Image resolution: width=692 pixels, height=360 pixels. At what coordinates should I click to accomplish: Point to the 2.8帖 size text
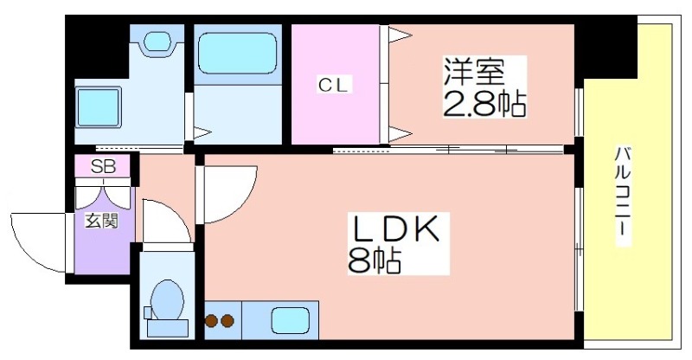point(484,106)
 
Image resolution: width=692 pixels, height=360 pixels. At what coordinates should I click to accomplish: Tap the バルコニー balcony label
point(622,194)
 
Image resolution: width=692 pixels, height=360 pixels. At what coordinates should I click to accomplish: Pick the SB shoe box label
point(104,165)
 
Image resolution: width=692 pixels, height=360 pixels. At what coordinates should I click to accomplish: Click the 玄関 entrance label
point(101,221)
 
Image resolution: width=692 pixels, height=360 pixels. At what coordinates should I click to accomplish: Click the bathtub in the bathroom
point(236,55)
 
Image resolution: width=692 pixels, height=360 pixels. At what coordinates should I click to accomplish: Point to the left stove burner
point(212,322)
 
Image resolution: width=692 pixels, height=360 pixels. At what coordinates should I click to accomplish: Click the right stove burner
point(228,322)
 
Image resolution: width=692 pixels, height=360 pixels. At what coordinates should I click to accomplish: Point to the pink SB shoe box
point(104,165)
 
